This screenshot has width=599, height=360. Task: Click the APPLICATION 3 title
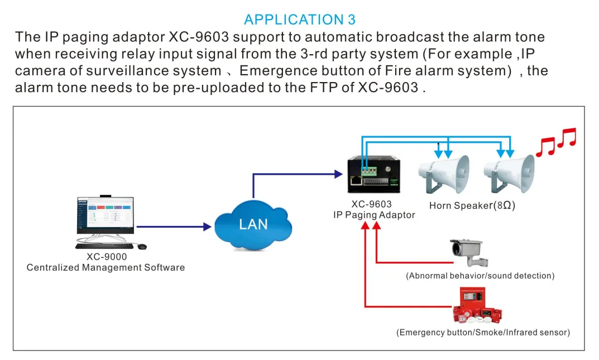(299, 20)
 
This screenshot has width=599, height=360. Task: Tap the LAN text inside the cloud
(253, 224)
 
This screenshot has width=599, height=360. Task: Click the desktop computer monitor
(104, 217)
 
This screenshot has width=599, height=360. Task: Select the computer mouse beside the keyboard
(142, 246)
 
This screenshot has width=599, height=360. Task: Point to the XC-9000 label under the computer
(107, 257)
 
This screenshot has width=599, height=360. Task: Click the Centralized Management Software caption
(106, 268)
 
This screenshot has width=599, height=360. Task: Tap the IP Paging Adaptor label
(374, 215)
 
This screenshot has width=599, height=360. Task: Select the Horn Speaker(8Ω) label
(472, 205)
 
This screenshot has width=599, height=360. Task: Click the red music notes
(555, 142)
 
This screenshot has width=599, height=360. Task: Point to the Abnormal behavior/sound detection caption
(480, 276)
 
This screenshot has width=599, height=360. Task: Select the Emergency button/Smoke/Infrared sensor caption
(483, 333)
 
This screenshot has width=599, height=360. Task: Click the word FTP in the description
(357, 88)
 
